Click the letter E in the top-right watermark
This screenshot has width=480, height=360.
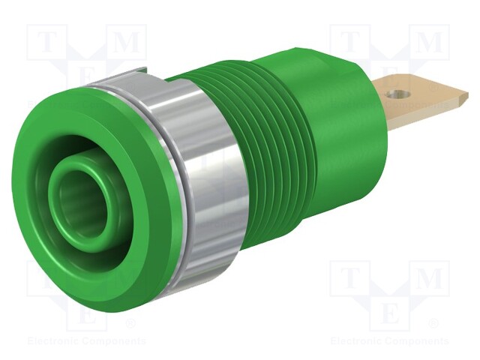pyautogui.click(x=389, y=79)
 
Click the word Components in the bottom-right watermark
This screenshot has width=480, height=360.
pyautogui.click(x=416, y=341)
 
